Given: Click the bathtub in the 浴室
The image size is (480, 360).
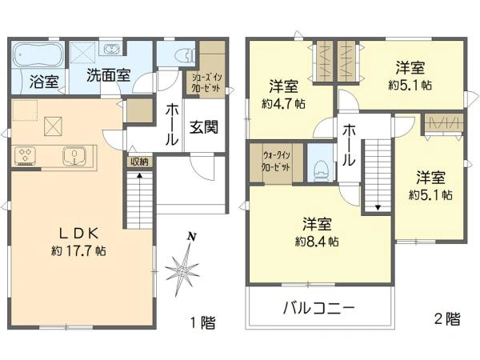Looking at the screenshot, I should [x=38, y=57].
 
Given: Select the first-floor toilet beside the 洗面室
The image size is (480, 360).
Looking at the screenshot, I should [x=178, y=56].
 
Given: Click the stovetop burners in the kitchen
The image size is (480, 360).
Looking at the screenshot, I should [x=26, y=154].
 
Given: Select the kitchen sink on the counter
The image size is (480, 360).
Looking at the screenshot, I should [x=74, y=154].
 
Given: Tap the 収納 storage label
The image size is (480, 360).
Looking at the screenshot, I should [x=138, y=162].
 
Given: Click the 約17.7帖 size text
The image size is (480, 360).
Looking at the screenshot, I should [x=77, y=250].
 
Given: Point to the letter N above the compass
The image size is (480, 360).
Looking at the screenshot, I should [x=190, y=237].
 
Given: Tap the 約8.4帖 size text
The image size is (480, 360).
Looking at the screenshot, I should [x=317, y=241].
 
